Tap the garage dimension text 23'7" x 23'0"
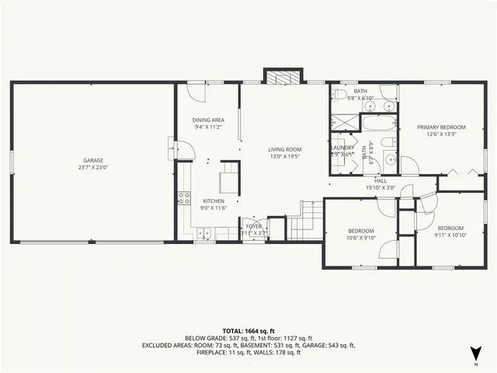click(92, 168)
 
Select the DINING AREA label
click(208, 120)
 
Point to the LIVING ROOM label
click(285, 149)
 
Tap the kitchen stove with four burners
click(184, 197)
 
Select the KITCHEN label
click(214, 200)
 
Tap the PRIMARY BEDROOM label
click(441, 127)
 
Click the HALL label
click(381, 180)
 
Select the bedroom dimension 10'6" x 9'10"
click(361, 238)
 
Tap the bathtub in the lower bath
click(377, 125)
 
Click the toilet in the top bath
click(339, 95)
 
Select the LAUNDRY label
click(342, 148)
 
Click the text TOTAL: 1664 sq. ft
click(248, 330)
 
